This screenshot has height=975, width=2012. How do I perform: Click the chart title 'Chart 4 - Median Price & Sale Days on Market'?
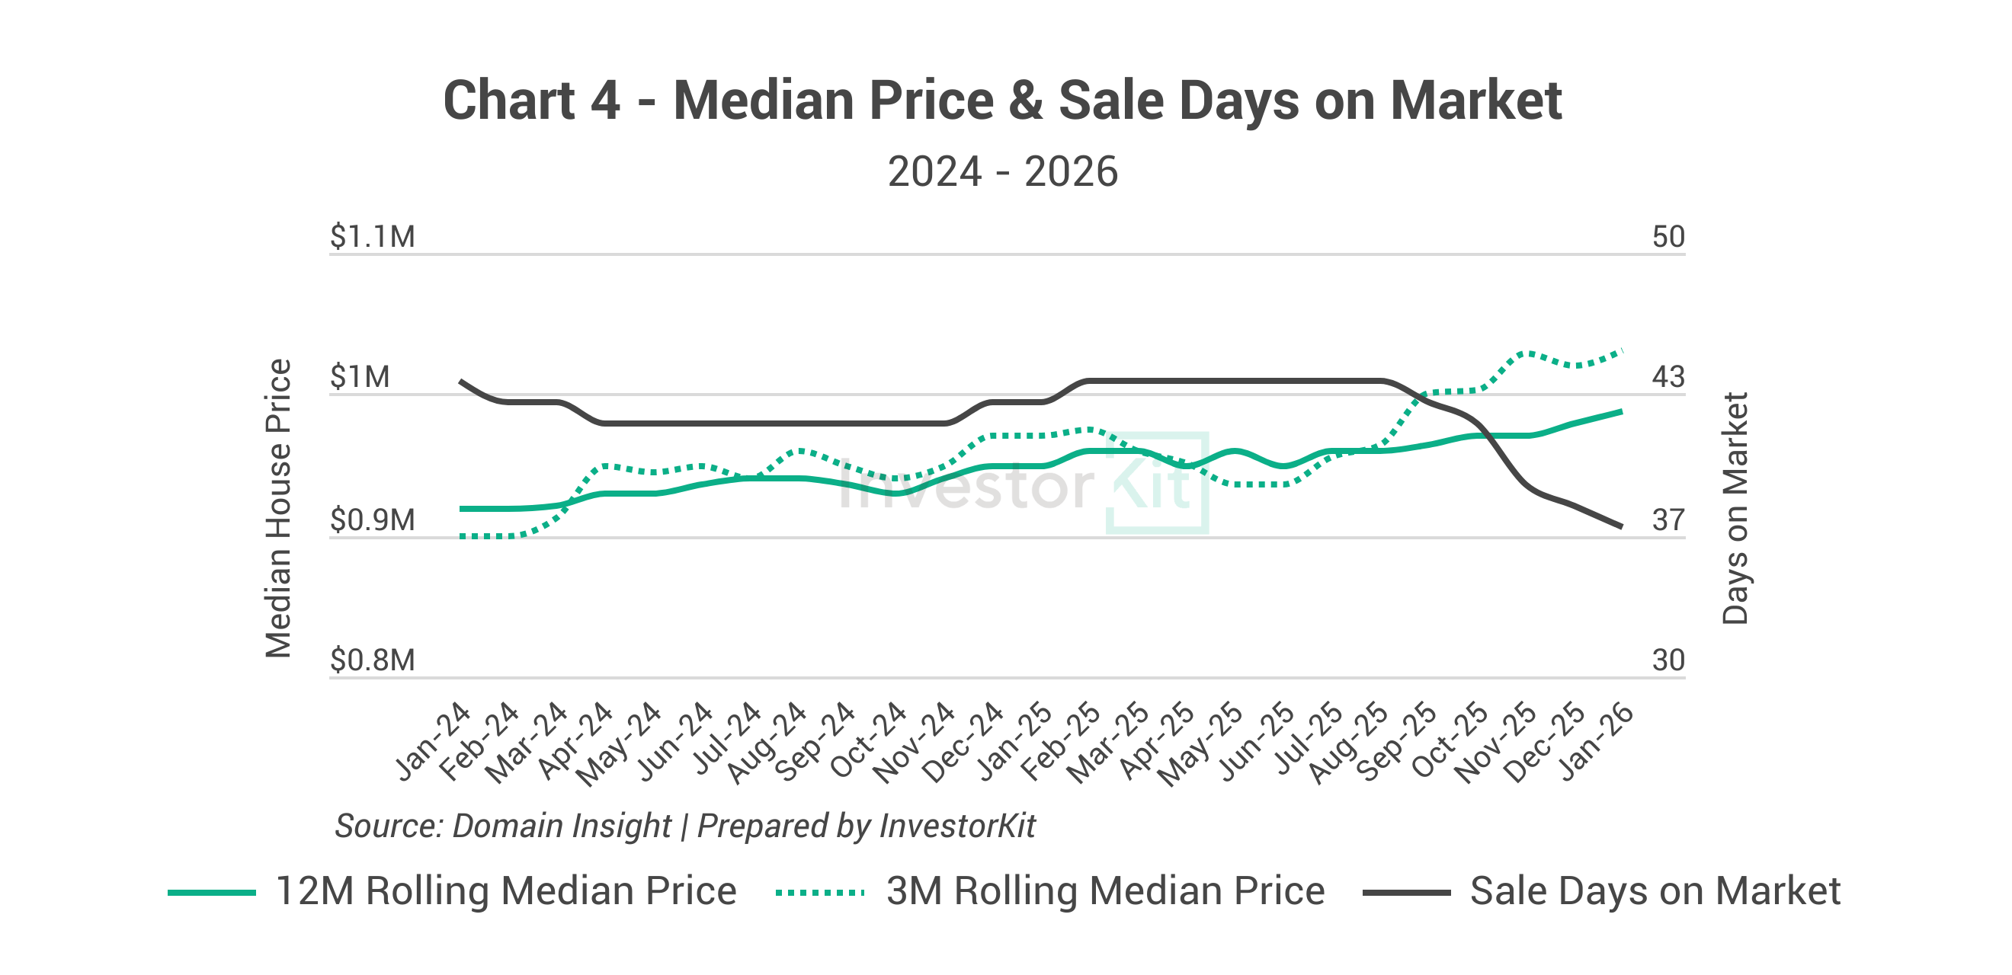(1002, 101)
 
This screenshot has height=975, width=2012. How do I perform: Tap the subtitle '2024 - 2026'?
(1002, 171)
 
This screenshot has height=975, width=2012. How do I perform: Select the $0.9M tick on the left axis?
(372, 520)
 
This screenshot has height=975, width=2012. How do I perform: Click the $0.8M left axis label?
(372, 660)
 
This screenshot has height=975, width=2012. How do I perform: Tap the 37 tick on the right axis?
(1668, 520)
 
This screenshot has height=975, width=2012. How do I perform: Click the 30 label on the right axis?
(1668, 660)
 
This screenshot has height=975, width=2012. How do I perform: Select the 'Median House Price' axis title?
(279, 508)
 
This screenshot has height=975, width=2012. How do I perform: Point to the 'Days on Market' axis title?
(1735, 508)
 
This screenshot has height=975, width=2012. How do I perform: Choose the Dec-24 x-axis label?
(963, 741)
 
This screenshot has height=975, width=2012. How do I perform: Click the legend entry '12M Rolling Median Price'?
(505, 890)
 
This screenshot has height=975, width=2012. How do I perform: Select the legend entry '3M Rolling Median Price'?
(1104, 890)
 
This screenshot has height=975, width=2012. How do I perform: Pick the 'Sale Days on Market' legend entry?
(1655, 890)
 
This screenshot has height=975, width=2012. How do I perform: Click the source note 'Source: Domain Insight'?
(502, 826)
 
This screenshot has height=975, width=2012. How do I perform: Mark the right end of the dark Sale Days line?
(1622, 527)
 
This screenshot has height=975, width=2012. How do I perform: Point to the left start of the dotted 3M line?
(463, 536)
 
